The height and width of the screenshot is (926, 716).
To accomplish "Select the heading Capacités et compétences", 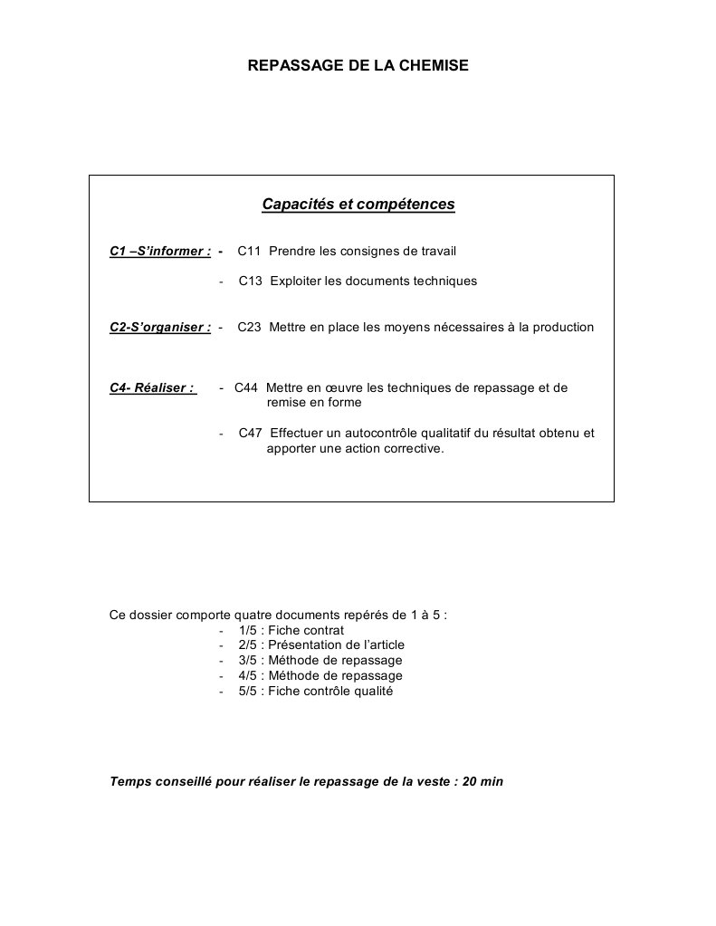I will click(358, 205).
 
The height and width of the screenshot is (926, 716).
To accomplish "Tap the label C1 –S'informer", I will click(160, 251).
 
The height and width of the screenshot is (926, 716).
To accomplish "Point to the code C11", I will click(250, 251).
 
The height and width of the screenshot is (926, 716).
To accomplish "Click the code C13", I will click(251, 281).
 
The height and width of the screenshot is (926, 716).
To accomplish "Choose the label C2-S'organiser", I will click(160, 327).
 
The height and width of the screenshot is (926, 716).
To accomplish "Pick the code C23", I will click(250, 327).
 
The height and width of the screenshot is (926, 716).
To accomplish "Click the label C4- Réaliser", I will click(152, 387).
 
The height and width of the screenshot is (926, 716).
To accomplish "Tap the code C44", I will click(246, 387).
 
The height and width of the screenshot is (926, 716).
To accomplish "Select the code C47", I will click(251, 433).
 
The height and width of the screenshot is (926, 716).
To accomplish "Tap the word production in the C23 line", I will click(562, 327).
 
